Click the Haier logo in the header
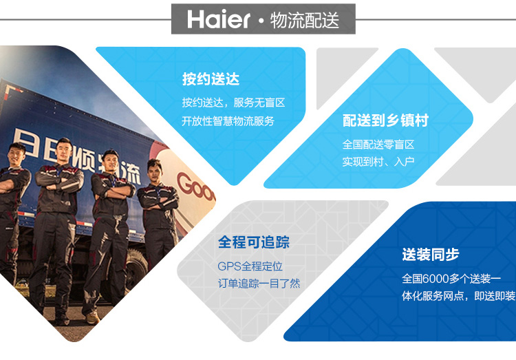pos(219,19)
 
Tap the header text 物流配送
pos(305,20)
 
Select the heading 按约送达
pos(211,79)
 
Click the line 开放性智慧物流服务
pos(228,121)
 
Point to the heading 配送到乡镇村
pos(385,120)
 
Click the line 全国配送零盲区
pos(378,145)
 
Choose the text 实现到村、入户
pos(378,162)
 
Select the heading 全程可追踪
pos(254,242)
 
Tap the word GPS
pos(229,266)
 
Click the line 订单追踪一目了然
pos(259,284)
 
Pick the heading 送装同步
pos(431,255)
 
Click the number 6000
pos(435,279)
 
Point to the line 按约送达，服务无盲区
pos(233,103)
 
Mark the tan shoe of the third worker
pos(92,318)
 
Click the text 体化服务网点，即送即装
pos(458,296)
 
